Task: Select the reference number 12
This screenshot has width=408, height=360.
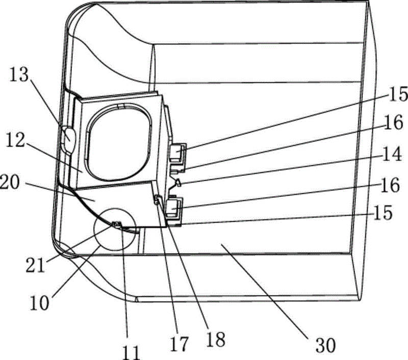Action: (15, 139)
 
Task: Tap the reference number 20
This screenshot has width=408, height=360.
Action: (10, 183)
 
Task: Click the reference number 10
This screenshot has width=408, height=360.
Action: (39, 303)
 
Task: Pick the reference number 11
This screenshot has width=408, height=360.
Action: (132, 352)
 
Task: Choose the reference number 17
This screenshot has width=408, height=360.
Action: (180, 344)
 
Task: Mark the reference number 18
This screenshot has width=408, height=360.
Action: (215, 340)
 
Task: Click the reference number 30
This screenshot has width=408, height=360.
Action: (325, 345)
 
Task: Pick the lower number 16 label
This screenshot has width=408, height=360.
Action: (390, 185)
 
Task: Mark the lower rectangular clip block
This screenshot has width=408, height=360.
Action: (173, 208)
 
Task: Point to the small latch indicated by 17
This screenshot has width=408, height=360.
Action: (158, 199)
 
